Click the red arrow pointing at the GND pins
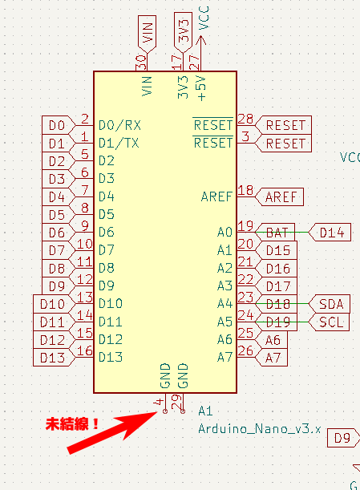click(112, 433)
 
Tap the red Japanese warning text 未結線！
click(72, 424)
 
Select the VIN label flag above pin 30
click(147, 34)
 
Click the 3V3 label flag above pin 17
click(183, 33)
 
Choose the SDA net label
click(329, 304)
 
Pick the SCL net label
click(329, 322)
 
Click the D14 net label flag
click(330, 233)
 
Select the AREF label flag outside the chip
click(279, 196)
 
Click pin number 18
click(245, 190)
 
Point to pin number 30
click(142, 63)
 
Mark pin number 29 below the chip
click(176, 402)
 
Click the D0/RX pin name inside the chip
click(119, 125)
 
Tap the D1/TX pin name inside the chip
click(119, 143)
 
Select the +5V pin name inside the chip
click(201, 87)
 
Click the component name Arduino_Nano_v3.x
click(259, 429)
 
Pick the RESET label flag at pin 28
click(284, 125)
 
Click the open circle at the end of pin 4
click(165, 411)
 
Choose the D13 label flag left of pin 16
click(54, 358)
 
